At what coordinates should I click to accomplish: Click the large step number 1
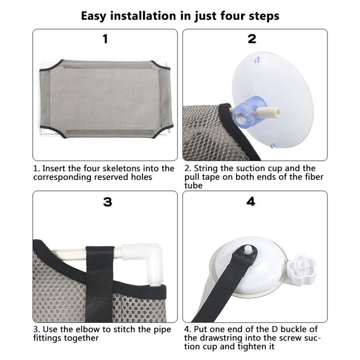coord(105,39)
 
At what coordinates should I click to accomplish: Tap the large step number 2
coord(252,39)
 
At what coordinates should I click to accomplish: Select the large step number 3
coord(107,202)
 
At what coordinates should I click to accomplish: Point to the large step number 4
coord(251,202)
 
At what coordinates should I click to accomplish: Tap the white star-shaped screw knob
coord(301,270)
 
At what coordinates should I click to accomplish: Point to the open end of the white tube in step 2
coord(279,112)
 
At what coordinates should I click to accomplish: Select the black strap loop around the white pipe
coord(100,284)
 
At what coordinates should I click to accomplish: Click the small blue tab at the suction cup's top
coord(257,60)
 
